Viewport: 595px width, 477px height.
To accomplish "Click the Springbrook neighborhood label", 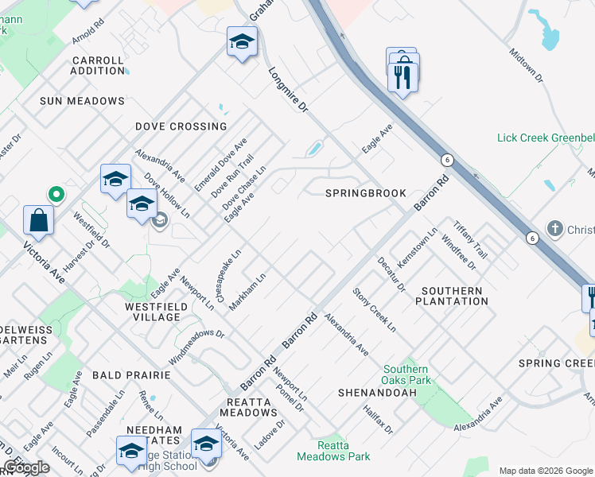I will click(366, 193).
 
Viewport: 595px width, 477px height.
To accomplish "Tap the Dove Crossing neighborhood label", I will click(181, 126).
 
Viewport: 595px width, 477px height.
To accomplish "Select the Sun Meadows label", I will click(83, 101).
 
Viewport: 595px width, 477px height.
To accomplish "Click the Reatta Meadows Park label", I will click(333, 451).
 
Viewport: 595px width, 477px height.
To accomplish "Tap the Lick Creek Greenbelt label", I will click(546, 138).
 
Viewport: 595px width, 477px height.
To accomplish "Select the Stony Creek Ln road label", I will click(375, 308).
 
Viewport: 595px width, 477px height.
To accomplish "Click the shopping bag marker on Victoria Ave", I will click(38, 219).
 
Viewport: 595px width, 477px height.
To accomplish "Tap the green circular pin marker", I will click(56, 193).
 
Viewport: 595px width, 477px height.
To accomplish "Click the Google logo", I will click(25, 467).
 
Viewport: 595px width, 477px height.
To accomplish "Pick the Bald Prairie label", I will click(131, 374).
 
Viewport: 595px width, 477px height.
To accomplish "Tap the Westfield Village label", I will click(152, 311).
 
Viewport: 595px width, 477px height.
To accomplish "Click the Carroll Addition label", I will click(98, 65).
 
